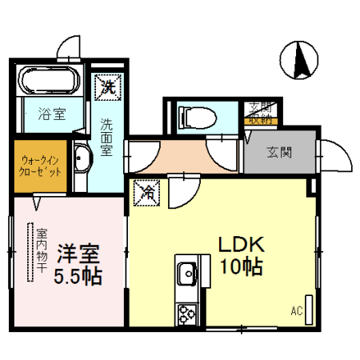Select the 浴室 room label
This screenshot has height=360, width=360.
(x=50, y=114)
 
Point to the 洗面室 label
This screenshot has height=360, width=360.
(x=106, y=137)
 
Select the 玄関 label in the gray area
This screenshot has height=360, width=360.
(x=278, y=152)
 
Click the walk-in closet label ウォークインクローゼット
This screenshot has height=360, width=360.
(x=40, y=166)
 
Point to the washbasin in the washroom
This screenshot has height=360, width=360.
(x=81, y=159)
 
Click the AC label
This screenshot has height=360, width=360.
(x=295, y=310)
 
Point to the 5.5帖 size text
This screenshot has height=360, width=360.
(x=78, y=278)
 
